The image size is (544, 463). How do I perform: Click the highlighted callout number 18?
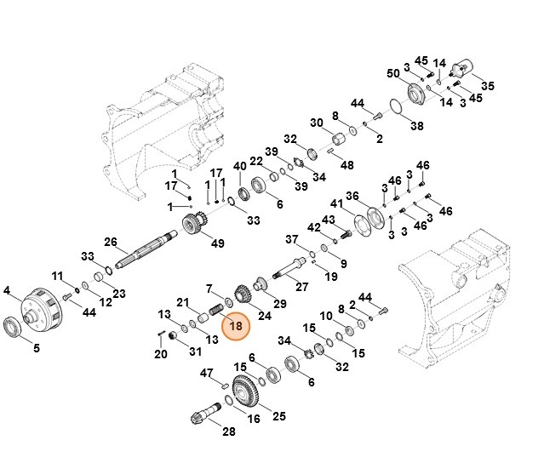point(236,325)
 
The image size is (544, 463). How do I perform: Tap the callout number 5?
point(37,347)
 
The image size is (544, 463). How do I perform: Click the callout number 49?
point(218,244)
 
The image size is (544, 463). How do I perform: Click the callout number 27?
point(301,286)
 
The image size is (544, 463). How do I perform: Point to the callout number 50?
point(392,73)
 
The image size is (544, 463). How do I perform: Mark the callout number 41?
point(336,204)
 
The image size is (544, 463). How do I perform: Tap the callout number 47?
point(206,373)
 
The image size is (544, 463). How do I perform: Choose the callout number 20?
point(160,354)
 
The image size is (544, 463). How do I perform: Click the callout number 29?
point(280,304)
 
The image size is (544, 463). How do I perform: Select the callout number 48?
point(347,165)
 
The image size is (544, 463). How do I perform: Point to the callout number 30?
point(317,123)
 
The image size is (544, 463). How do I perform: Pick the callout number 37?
point(291,239)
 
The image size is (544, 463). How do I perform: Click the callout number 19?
point(331,277)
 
